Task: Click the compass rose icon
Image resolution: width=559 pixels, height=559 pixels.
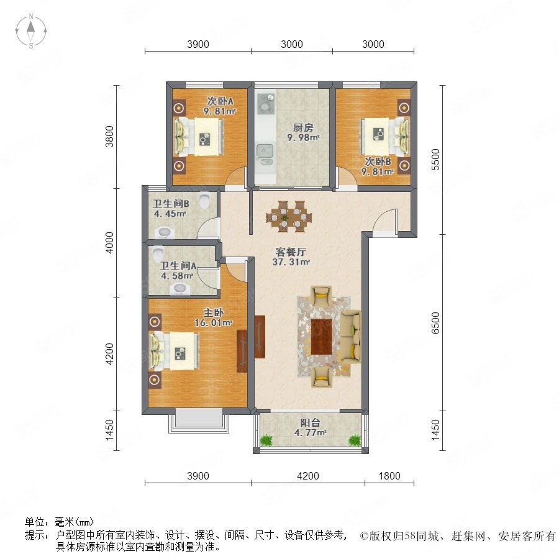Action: [x=31, y=31]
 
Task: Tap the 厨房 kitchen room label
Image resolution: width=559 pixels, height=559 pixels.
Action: [x=303, y=127]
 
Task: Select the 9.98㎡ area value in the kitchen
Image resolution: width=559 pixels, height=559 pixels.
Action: [x=303, y=137]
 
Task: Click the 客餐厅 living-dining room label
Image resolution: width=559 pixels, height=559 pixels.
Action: [x=291, y=252]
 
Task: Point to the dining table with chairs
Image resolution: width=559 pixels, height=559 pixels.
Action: [x=289, y=216]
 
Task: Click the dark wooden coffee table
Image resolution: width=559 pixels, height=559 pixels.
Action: [x=322, y=337]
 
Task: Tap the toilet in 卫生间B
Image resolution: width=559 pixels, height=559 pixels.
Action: [x=204, y=200]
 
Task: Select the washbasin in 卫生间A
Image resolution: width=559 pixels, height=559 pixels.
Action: [x=180, y=289]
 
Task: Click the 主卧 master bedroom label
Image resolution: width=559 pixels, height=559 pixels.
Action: [x=214, y=312]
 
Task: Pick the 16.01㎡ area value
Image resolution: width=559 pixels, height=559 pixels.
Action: [x=213, y=323]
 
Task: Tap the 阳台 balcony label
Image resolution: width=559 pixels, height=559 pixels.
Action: [x=310, y=423]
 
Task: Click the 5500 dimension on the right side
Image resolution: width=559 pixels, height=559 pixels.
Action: [x=435, y=160]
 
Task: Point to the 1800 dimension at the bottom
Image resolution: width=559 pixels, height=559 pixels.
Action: [x=389, y=476]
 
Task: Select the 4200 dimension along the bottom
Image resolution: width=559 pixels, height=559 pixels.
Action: [x=308, y=476]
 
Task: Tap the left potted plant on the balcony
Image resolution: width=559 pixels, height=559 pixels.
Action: [x=266, y=440]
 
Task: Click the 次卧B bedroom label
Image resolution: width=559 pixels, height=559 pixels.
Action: [x=378, y=161]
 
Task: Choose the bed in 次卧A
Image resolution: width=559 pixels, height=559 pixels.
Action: [x=199, y=137]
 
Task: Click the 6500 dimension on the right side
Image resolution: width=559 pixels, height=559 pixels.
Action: [x=435, y=322]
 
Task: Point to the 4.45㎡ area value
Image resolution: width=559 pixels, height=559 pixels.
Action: [x=170, y=214]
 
